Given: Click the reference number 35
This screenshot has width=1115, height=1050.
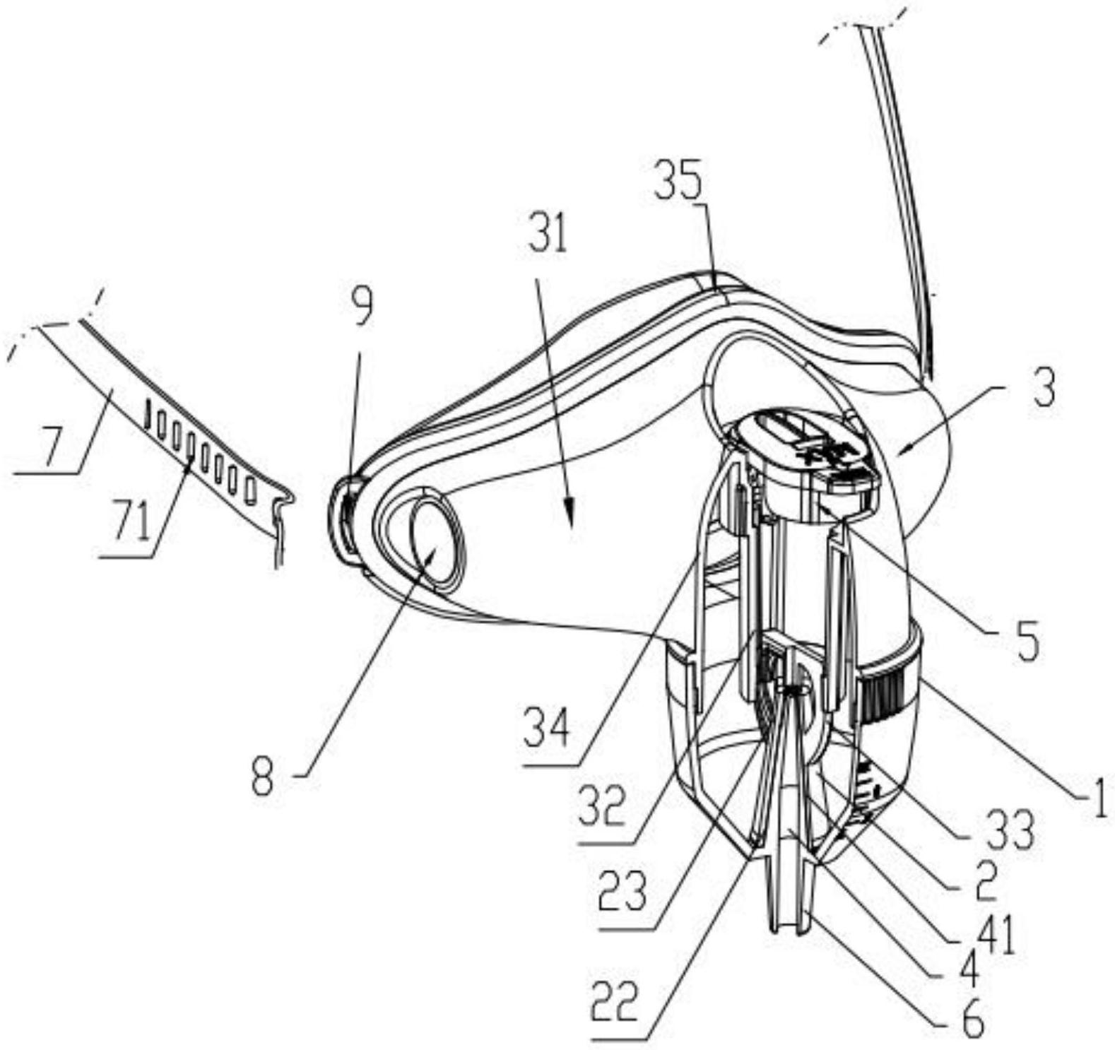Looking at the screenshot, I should point(679,182).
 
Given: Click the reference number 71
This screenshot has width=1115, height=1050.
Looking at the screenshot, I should point(133,524).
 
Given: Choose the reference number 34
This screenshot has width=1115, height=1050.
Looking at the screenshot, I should point(546,730).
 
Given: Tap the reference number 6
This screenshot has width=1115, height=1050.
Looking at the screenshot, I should point(974,1021).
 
